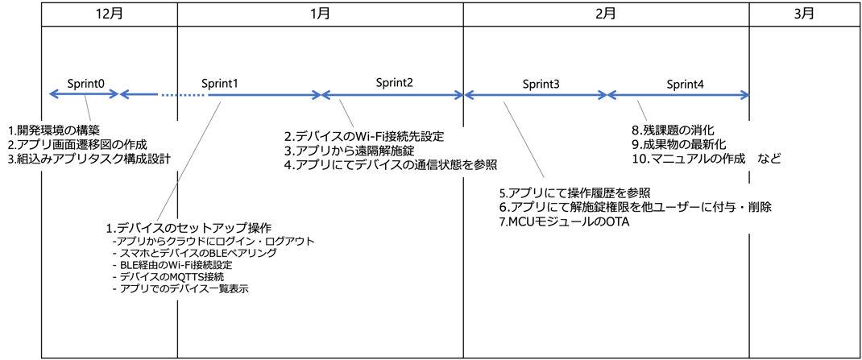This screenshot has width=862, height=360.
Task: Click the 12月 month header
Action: click(108, 13)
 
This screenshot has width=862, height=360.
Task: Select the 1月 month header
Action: click(319, 13)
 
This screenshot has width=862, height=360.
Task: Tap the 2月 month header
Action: click(606, 13)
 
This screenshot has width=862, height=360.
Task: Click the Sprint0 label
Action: click(85, 82)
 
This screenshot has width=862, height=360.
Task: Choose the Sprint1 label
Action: click(219, 82)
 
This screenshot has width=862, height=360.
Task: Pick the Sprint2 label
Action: click(395, 82)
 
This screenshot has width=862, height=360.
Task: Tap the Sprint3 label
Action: click(541, 83)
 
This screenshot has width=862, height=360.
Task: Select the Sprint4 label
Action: click(685, 83)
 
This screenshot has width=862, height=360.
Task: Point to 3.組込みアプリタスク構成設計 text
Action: click(89, 158)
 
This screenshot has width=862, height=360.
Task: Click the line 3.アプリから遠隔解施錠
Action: click(354, 151)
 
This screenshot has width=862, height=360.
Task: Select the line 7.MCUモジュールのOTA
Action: click(563, 221)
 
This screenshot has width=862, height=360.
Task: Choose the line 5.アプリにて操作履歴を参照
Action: click(574, 192)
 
